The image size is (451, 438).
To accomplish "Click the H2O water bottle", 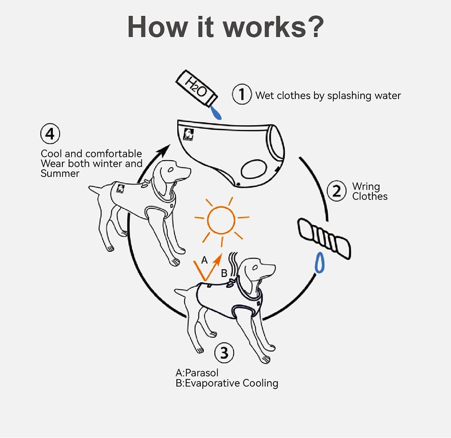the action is pos(196,88).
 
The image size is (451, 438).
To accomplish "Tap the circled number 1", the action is pos(242,94).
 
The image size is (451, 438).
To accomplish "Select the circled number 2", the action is pos(337,191).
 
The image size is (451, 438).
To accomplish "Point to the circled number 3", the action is pos(224,353).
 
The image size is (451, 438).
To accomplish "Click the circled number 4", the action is pos(50,134).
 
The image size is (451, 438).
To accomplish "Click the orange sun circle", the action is pos(221,220).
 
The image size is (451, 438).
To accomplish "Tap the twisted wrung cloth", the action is pos(324,239).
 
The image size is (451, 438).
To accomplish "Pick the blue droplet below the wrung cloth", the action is pos(320,263).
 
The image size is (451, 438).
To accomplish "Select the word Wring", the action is pos(366,187).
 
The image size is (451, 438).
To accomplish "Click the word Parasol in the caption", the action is pos(201,373).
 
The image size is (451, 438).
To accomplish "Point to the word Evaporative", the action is pos(213,383).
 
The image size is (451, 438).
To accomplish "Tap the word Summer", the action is pos(60,173).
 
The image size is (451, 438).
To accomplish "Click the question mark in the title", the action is pos(316,27).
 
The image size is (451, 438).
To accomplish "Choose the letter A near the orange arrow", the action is pos(205,260).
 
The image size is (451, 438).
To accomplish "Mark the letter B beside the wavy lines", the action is pos(224,273).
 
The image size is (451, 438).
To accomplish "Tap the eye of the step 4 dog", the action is pos(171,169).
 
